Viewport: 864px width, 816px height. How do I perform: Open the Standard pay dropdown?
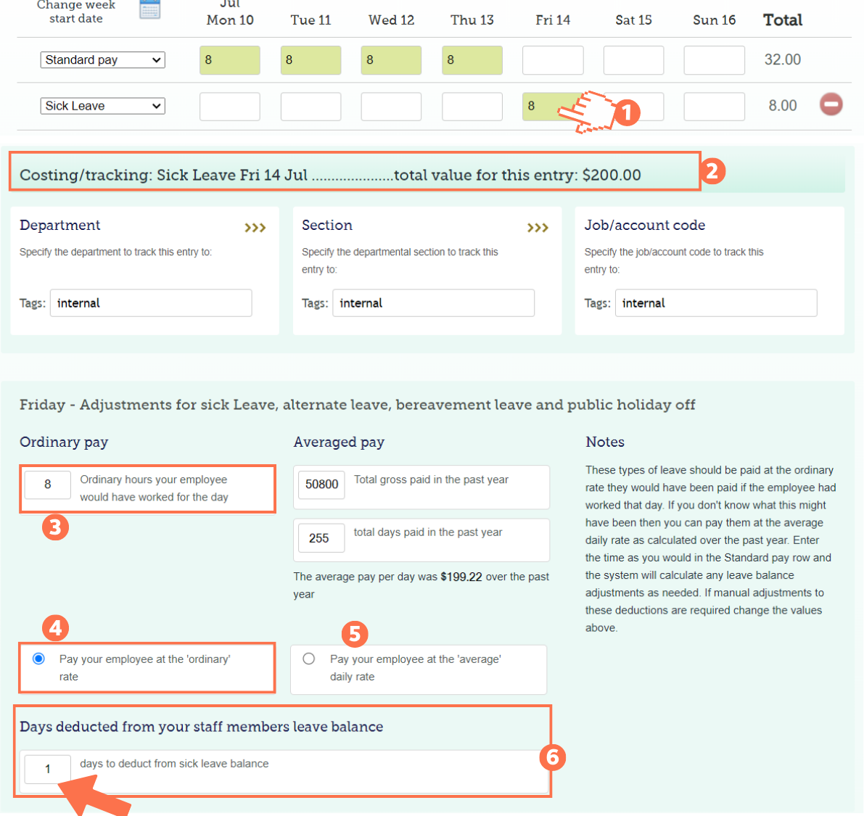click(x=102, y=60)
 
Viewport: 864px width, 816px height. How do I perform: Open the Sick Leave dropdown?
click(x=102, y=106)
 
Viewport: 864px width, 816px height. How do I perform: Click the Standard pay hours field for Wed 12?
click(x=391, y=60)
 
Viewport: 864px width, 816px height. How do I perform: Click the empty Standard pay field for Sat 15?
click(x=633, y=60)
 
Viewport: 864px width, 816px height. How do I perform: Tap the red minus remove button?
click(x=831, y=104)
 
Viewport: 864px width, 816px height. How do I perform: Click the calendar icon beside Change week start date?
click(x=150, y=9)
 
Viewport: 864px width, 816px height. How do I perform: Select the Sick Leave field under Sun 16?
click(x=714, y=106)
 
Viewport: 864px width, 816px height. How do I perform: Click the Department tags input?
click(x=151, y=303)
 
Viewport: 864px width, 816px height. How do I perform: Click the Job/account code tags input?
click(x=716, y=303)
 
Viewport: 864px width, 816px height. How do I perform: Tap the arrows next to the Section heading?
click(x=538, y=228)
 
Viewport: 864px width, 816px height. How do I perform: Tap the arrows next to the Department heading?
click(x=255, y=228)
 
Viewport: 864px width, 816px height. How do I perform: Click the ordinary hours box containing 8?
click(x=48, y=485)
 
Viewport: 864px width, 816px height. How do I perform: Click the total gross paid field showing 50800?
click(x=321, y=485)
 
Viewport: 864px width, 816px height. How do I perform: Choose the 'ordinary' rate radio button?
click(x=39, y=659)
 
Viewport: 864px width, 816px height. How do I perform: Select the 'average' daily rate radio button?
click(x=309, y=659)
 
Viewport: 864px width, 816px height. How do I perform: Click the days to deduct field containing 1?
click(x=48, y=769)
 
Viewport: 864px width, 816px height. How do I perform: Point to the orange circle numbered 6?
click(x=553, y=757)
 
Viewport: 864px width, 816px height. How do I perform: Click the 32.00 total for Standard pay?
click(x=782, y=60)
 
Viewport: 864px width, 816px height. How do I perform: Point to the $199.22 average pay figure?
click(x=461, y=577)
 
